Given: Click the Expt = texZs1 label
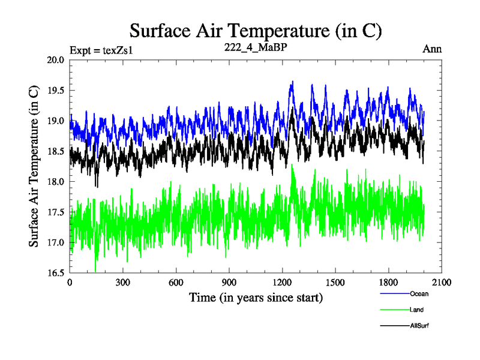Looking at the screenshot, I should [x=101, y=50].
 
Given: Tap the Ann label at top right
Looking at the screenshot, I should [x=432, y=49].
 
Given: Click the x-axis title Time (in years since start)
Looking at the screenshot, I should [x=256, y=297].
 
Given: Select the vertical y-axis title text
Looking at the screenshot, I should [x=35, y=166].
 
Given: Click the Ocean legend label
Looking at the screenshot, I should [x=419, y=294].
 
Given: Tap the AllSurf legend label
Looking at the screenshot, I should [x=419, y=326].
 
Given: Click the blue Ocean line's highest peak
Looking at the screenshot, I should [x=292, y=82].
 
